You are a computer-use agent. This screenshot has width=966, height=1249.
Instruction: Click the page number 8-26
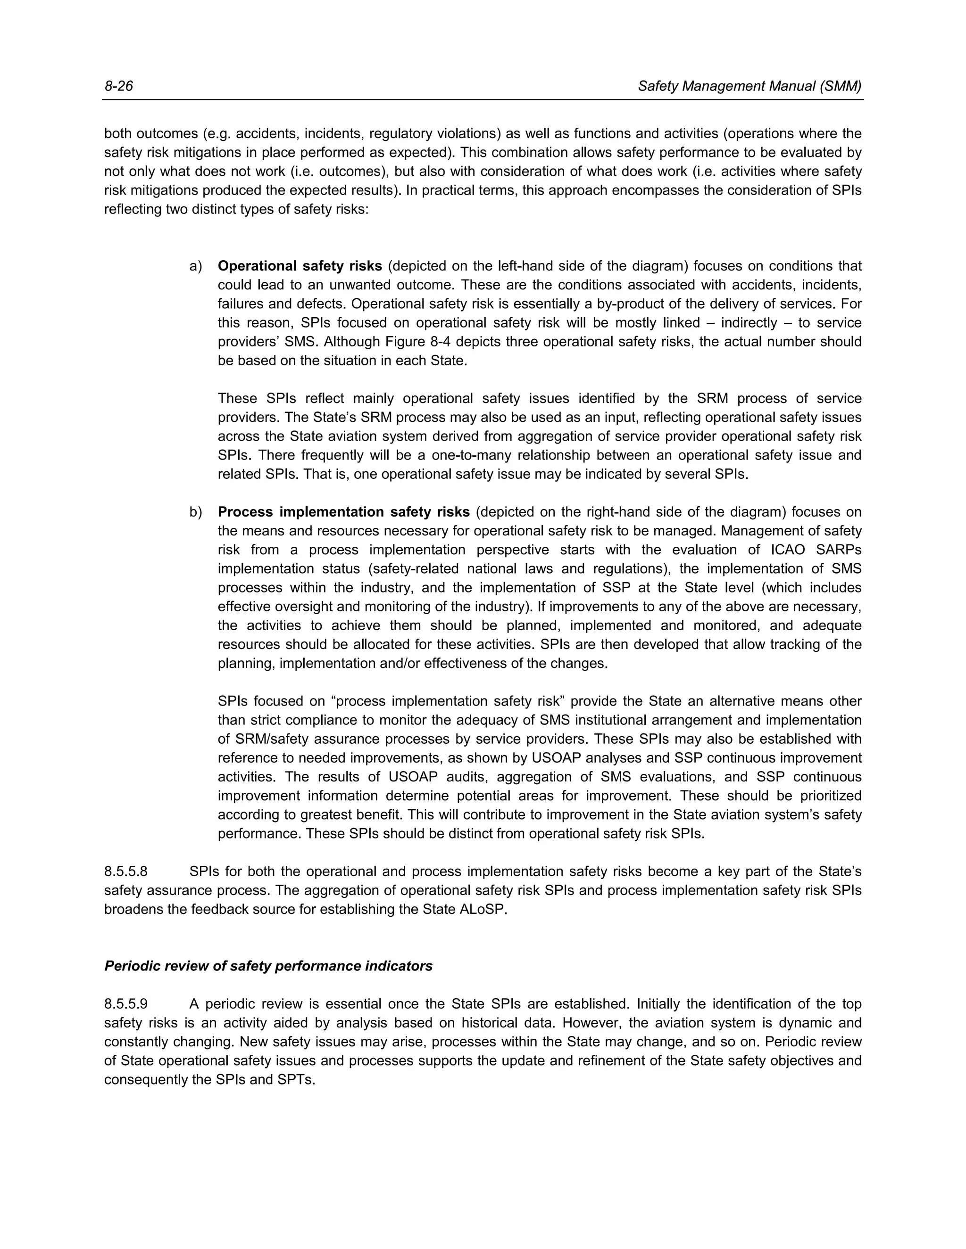coord(118,86)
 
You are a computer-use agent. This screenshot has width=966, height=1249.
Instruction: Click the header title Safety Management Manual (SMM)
coord(749,86)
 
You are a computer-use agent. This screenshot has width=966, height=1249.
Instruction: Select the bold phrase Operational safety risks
coord(300,266)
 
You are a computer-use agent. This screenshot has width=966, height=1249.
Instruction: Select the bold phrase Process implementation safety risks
coord(343,512)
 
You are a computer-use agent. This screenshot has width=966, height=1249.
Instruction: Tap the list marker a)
coord(196,266)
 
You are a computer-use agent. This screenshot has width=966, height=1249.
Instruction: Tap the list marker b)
coord(196,512)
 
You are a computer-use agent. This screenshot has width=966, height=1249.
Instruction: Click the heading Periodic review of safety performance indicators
coord(268,966)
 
